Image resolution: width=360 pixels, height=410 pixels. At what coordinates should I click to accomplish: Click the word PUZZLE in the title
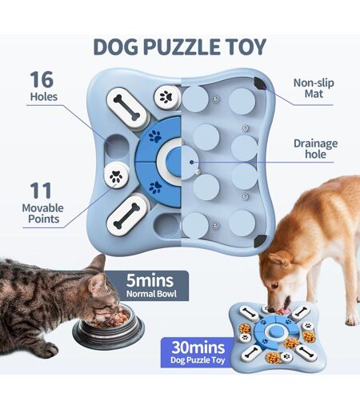[x=182, y=47]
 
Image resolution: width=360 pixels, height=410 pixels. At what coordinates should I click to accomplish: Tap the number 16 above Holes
[x=42, y=79]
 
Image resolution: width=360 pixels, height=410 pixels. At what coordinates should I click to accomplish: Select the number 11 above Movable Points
[x=41, y=191]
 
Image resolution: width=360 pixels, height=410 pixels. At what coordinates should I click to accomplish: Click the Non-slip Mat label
[x=314, y=88]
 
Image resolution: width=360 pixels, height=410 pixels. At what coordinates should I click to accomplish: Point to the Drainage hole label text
[x=315, y=149]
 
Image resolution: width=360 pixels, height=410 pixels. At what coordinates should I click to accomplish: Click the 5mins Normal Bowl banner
[x=150, y=286]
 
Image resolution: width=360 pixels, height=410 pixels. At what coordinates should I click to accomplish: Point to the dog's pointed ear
[x=279, y=259]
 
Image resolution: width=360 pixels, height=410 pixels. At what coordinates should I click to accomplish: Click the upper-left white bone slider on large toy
[x=126, y=107]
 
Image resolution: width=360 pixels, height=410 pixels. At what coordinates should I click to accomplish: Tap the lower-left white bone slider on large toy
[x=126, y=215]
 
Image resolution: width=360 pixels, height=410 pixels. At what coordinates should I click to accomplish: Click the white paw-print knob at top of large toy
[x=167, y=97]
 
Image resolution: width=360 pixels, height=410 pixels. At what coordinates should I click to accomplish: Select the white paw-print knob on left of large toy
[x=117, y=175]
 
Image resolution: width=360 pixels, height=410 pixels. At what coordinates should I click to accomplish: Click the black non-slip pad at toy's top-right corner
[x=259, y=83]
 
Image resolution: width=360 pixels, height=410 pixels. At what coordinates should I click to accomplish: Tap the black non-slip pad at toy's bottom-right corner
[x=259, y=241]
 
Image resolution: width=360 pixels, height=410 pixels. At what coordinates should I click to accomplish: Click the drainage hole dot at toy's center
[x=192, y=162]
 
